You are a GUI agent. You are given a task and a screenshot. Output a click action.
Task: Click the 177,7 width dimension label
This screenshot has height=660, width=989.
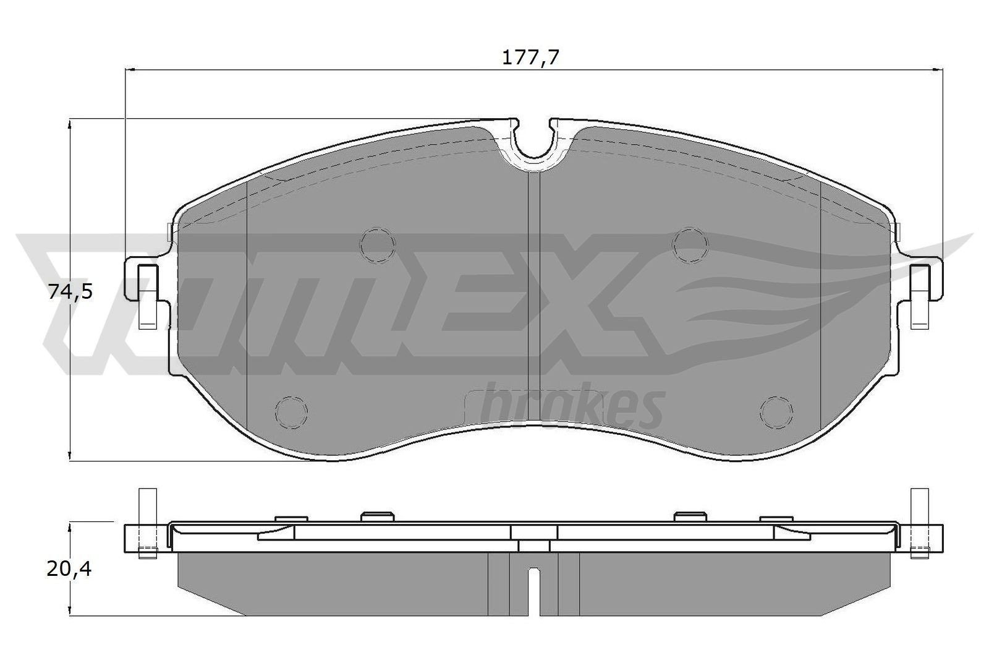pyautogui.click(x=530, y=58)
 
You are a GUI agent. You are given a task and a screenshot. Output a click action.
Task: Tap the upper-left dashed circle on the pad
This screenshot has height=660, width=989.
pyautogui.click(x=378, y=244)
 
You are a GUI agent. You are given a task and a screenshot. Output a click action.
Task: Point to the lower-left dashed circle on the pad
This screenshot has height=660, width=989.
pyautogui.click(x=291, y=411)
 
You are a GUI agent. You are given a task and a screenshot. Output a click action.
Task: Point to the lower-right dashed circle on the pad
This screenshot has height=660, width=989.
pyautogui.click(x=777, y=411)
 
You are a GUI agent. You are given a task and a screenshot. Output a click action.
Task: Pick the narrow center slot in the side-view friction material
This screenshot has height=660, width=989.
pyautogui.click(x=534, y=591)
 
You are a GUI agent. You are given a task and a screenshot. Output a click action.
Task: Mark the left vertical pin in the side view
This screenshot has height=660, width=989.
pyautogui.click(x=146, y=523)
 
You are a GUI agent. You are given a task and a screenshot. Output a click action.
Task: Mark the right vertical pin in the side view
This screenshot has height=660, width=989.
pyautogui.click(x=920, y=523)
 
